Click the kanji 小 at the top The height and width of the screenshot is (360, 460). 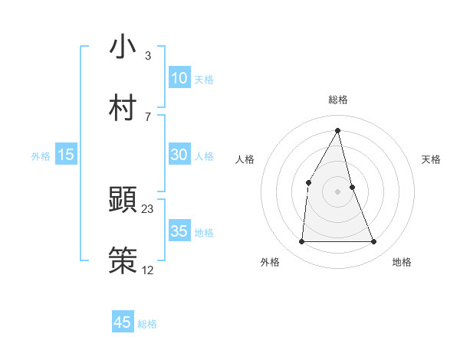click(122, 47)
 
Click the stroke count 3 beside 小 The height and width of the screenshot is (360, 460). click(147, 56)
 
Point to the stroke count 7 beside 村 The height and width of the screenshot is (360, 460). click(147, 116)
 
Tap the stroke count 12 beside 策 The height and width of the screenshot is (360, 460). click(148, 270)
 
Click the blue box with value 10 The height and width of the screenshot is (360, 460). click(179, 78)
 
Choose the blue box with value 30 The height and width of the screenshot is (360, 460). click(179, 155)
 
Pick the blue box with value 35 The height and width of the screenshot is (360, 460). click(179, 231)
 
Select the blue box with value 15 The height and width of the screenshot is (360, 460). click(66, 155)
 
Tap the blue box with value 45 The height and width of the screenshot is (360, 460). click(122, 322)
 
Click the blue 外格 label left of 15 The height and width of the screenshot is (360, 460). click(41, 156)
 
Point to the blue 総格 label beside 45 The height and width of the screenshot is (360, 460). click(147, 324)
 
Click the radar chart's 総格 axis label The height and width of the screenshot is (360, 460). click(338, 100)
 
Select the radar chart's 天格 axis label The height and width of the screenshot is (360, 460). click(431, 159)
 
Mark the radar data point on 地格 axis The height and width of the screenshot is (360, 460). click(374, 242)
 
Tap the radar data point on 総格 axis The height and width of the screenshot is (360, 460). click(338, 130)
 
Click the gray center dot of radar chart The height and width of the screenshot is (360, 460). click(338, 191)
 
